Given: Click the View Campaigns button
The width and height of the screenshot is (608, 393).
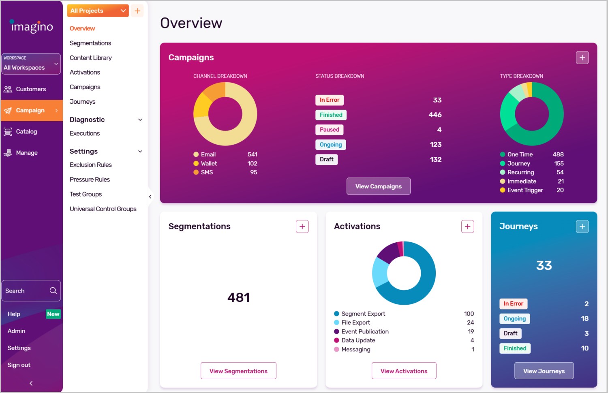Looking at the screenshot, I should pyautogui.click(x=378, y=186).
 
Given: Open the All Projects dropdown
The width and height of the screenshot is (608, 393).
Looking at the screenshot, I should pyautogui.click(x=98, y=11).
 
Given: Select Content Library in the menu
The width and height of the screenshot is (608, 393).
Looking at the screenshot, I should pyautogui.click(x=91, y=58).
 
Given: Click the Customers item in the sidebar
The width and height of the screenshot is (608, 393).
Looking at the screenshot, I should pyautogui.click(x=31, y=89).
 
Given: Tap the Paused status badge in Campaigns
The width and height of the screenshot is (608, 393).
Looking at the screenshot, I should pyautogui.click(x=329, y=130).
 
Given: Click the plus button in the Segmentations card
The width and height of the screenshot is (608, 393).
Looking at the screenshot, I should pyautogui.click(x=302, y=226).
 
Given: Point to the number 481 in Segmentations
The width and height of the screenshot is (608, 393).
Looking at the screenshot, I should pyautogui.click(x=238, y=298).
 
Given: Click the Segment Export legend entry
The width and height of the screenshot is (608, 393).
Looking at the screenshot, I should pyautogui.click(x=363, y=314).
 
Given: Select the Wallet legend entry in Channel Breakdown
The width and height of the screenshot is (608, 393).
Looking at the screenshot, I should pyautogui.click(x=209, y=163).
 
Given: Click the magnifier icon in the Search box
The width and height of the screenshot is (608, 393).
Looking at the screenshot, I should pyautogui.click(x=53, y=290).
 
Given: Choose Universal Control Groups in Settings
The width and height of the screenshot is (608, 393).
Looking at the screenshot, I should pyautogui.click(x=103, y=209).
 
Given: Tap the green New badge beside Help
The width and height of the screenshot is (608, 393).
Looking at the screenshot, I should pyautogui.click(x=53, y=314).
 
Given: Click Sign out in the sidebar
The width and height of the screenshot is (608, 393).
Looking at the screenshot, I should pyautogui.click(x=19, y=365).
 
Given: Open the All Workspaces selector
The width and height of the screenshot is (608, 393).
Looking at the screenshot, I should pyautogui.click(x=31, y=64).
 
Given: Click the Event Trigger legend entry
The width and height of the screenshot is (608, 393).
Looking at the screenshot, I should pyautogui.click(x=525, y=190).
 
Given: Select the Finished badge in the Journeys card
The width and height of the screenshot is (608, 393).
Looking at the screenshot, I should pyautogui.click(x=515, y=348).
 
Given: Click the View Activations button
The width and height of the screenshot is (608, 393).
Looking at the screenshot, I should pyautogui.click(x=404, y=371).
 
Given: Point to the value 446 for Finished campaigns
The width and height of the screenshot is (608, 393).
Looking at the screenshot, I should pyautogui.click(x=435, y=115).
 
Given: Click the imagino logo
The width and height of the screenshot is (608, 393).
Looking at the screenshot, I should pyautogui.click(x=32, y=27).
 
